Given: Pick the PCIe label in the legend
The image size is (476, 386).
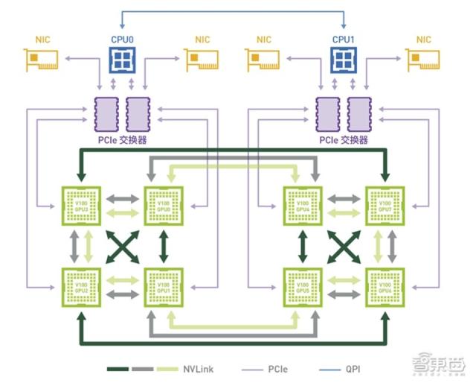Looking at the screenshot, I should pyautogui.click(x=280, y=368).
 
